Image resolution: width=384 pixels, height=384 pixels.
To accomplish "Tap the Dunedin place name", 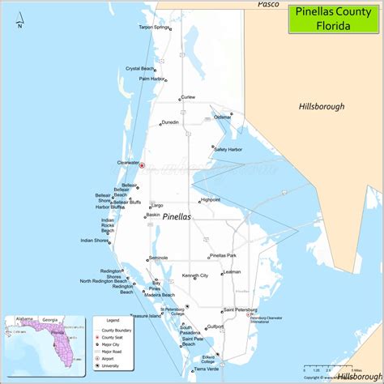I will coord(170,122).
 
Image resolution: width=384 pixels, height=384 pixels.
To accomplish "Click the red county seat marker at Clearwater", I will coord(142,165).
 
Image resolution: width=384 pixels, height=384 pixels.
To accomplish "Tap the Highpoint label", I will coord(211,199).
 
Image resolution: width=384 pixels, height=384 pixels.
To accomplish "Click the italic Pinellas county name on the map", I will coord(177,218).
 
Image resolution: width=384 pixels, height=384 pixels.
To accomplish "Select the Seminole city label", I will coord(157,258).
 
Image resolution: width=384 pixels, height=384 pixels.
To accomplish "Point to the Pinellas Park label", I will coord(223,255).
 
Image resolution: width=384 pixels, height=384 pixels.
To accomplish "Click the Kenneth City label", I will coord(195,275).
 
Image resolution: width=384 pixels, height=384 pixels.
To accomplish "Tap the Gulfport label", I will coord(215,326).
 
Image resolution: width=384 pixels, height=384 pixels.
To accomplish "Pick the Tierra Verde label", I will coord(207,369).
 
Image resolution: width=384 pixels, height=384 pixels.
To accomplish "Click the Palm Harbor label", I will coord(151,79).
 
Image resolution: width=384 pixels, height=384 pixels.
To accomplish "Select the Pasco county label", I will coord(268,5).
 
